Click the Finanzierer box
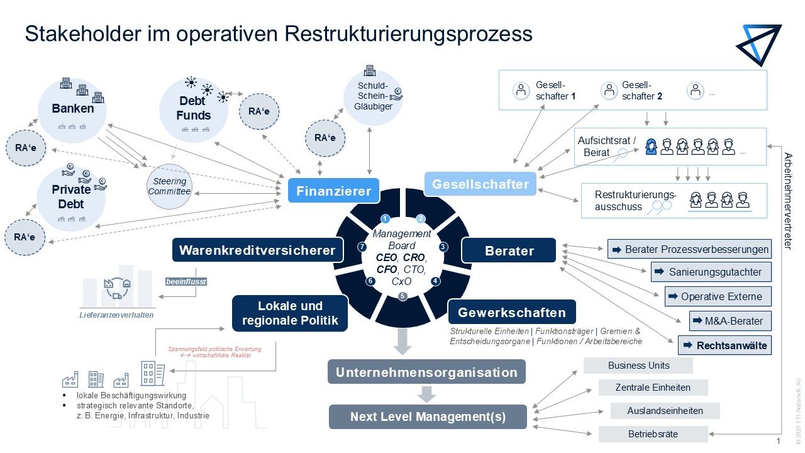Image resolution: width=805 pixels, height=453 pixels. (333, 191)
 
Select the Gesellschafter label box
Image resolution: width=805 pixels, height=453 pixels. (480, 184)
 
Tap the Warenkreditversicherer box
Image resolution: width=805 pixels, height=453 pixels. (258, 250)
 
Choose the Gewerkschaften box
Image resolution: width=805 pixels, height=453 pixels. (511, 312)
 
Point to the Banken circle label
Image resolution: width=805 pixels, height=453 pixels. (73, 108)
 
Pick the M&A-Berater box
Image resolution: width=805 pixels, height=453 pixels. (730, 321)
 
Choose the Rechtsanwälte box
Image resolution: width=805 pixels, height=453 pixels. (724, 345)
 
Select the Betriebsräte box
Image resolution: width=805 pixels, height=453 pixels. (653, 434)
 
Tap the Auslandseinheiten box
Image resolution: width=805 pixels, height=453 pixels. (665, 411)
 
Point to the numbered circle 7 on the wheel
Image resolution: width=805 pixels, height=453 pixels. (362, 247)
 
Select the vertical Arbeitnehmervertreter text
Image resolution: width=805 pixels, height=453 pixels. (787, 201)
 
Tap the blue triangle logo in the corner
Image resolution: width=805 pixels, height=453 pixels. (761, 44)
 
